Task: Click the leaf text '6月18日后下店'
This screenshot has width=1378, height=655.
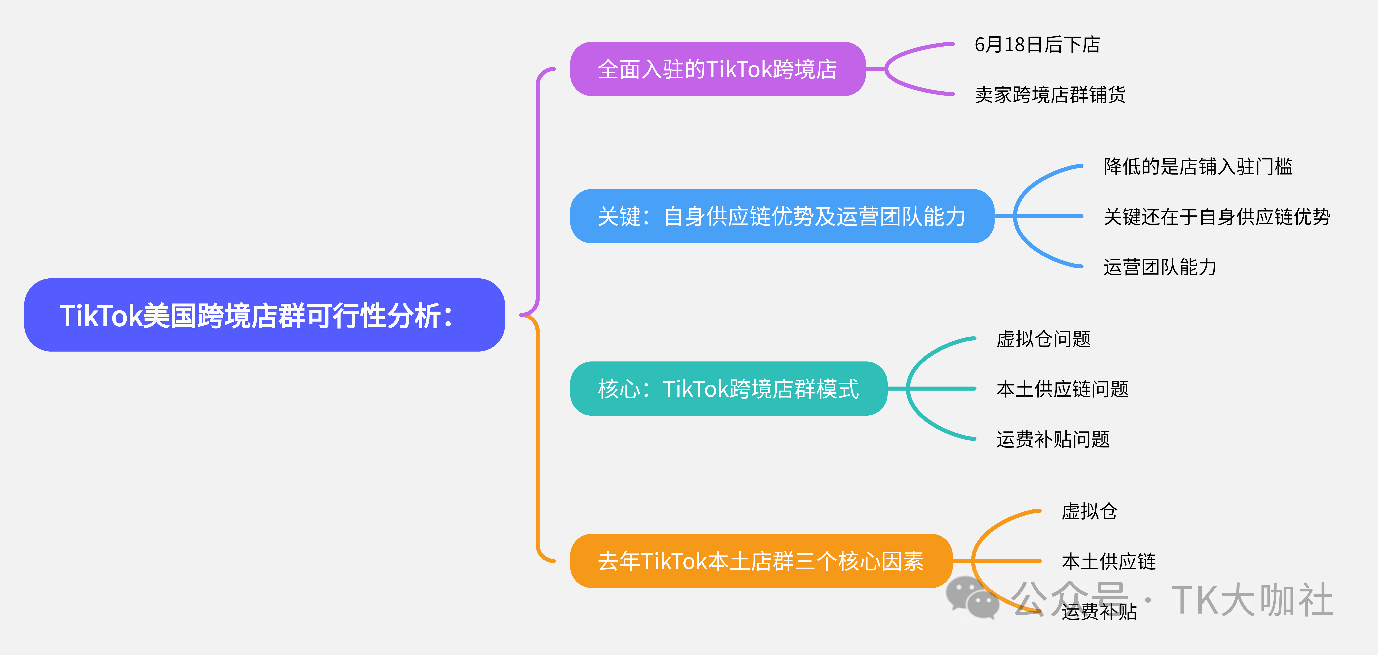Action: click(1037, 44)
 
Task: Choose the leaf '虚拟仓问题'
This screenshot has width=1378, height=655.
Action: click(1043, 339)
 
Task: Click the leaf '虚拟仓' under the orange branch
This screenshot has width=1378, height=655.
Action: click(1089, 511)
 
